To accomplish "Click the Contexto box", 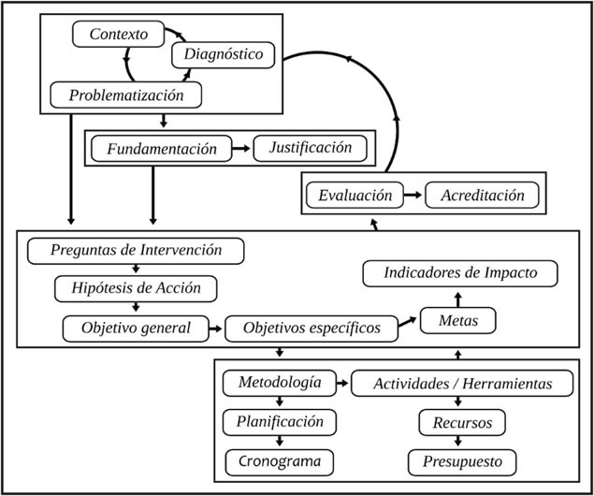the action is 118,34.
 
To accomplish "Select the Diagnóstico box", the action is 224,55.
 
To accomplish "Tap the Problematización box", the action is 125,95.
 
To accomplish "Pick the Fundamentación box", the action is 162,149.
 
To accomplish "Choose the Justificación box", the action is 311,148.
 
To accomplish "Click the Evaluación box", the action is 355,196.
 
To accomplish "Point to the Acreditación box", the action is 482,196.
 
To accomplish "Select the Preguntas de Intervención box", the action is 136,251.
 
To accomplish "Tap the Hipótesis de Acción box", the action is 136,289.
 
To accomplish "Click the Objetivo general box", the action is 136,328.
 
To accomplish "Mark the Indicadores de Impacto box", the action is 460,273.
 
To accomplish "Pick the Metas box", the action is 458,321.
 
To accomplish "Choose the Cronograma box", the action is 280,462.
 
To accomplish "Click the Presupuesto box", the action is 462,462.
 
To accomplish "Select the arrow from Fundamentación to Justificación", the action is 241,148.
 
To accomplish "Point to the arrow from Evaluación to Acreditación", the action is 413,195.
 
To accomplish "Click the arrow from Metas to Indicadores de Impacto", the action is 458,299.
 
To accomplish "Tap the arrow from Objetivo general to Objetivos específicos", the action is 215,328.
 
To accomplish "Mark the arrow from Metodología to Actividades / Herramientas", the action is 342,383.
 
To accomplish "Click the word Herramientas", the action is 507,384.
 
